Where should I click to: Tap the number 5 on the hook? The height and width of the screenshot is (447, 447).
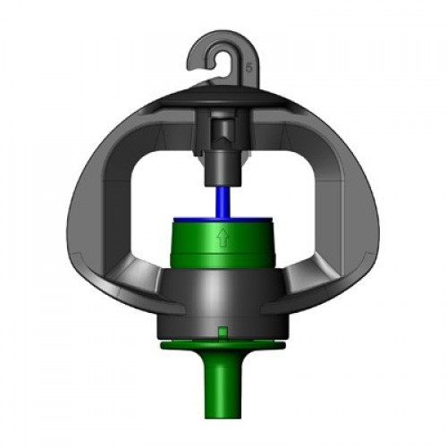tap(246, 65)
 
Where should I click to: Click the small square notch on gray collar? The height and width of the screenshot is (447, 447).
tap(221, 333)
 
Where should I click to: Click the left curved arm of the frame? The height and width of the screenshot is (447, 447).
tap(89, 206)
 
